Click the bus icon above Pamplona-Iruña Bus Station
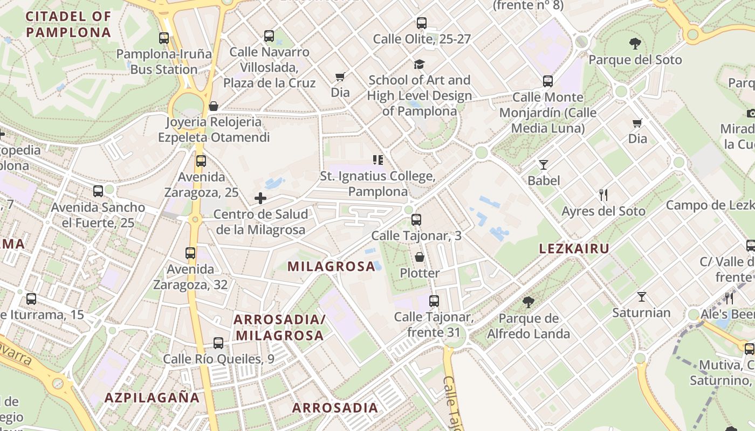164,38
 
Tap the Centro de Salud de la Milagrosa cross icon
260,198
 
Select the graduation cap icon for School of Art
419,65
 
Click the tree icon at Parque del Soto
635,44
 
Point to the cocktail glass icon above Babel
544,165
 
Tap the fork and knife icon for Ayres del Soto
603,194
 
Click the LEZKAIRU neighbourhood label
574,248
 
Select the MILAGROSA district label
331,266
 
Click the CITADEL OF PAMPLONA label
68,24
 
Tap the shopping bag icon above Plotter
420,257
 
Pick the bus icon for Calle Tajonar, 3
416,220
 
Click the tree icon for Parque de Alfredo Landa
528,302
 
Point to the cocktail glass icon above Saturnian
642,297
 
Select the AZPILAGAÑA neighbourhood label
152,398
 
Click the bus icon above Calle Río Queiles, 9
218,343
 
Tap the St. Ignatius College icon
378,160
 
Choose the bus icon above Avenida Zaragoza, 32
190,253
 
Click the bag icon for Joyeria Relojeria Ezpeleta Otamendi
214,106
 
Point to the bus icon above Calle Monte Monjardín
548,81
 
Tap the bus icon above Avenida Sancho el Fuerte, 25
98,191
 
